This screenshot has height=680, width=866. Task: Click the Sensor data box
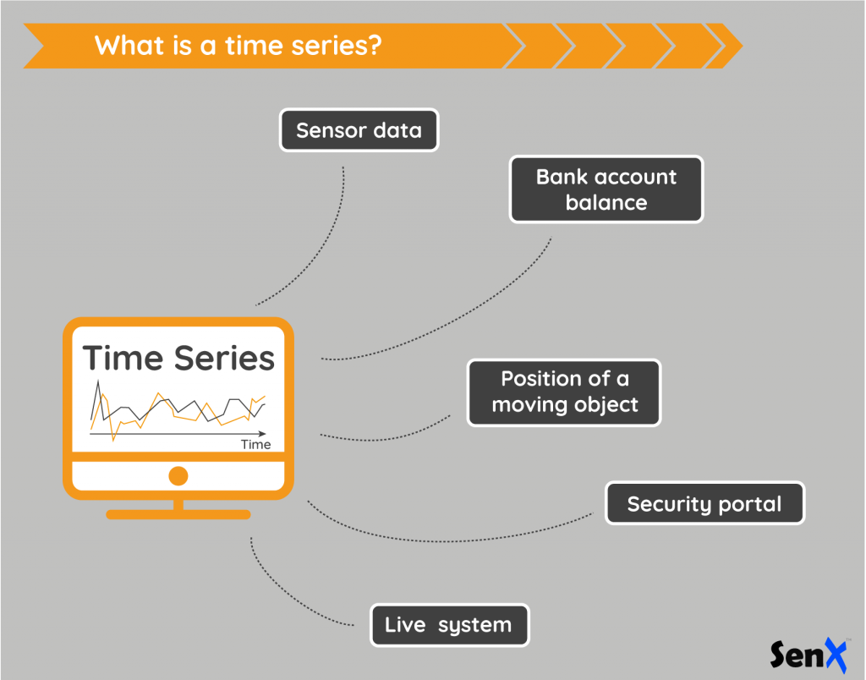[359, 130]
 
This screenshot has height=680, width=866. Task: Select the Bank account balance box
[606, 189]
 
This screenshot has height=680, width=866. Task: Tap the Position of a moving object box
[564, 392]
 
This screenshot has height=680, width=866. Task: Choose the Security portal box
[704, 504]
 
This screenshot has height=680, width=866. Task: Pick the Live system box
[449, 626]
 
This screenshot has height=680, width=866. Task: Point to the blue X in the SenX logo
[833, 653]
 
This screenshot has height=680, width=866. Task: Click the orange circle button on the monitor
[178, 475]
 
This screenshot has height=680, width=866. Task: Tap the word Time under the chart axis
[255, 444]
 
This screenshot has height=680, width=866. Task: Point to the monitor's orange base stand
[178, 513]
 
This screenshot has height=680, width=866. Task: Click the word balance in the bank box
[606, 203]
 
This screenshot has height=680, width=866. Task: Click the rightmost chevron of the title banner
[726, 46]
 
